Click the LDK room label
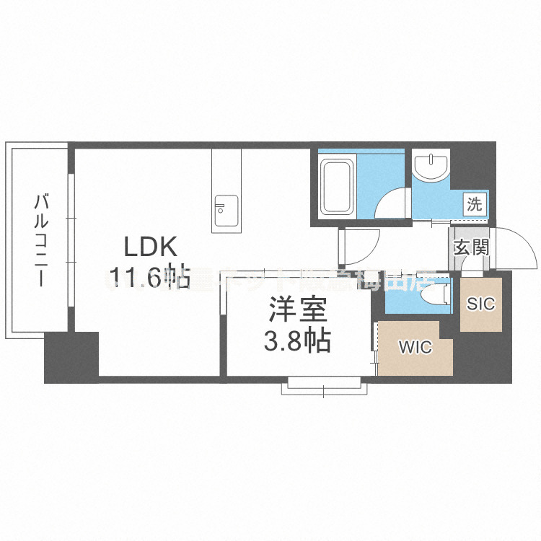[x=151, y=247]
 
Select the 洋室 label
[x=297, y=312]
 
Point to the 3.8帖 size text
[x=297, y=340]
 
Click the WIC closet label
[x=415, y=348]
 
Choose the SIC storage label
[x=480, y=304]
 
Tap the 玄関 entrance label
[x=472, y=247]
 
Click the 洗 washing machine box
[x=475, y=204]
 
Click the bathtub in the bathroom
[x=336, y=188]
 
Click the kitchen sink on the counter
[x=224, y=206]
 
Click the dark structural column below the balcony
[x=71, y=357]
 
